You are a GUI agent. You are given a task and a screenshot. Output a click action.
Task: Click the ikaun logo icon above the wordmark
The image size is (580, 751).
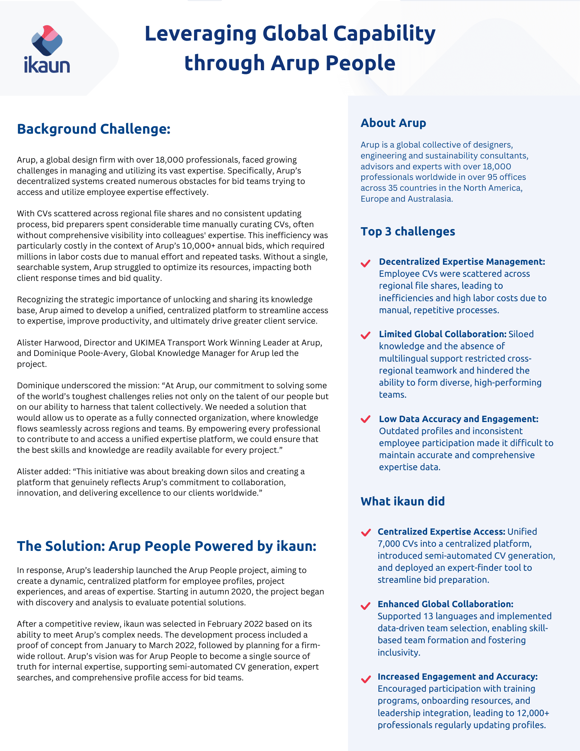47,41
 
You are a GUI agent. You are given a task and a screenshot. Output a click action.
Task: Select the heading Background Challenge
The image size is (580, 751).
94,129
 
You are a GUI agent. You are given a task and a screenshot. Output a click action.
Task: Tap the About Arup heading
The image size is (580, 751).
393,123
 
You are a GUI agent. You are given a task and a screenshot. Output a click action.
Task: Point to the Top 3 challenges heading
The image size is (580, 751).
408,231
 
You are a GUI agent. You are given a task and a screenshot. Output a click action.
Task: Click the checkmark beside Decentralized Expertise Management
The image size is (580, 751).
366,263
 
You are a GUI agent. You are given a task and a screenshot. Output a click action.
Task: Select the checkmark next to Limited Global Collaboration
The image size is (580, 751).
366,335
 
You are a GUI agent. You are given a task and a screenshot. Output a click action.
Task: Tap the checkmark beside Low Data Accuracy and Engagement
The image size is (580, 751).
366,419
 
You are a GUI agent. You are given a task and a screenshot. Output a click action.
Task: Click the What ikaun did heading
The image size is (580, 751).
402,501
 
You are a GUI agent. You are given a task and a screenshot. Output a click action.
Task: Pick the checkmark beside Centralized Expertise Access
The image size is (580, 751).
366,532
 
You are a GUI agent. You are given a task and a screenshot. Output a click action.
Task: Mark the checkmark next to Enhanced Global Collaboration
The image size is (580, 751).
366,606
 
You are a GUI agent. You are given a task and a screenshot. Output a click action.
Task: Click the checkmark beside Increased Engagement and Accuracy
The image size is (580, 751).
366,679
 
